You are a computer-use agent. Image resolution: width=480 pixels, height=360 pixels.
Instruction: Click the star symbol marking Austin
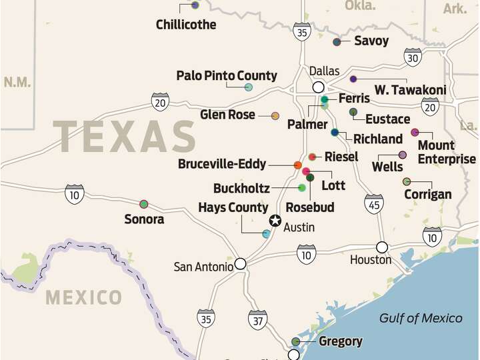275,221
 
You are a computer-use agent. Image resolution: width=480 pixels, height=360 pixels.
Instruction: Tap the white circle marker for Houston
382,247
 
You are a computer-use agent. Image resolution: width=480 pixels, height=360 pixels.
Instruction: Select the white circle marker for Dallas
319,87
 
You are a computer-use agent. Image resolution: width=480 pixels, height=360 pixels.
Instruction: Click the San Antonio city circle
240,263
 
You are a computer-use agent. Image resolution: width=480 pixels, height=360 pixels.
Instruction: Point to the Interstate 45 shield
374,203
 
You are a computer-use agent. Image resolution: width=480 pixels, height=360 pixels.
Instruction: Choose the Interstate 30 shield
413,57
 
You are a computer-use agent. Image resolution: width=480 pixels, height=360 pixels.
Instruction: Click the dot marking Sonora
143,204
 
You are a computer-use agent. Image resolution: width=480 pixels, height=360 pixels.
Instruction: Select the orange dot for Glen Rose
275,116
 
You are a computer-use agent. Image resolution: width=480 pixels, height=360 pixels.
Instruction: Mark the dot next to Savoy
337,41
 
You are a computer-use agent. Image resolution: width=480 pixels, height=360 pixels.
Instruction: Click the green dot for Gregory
296,341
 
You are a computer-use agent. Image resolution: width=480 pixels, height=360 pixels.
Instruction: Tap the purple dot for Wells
403,155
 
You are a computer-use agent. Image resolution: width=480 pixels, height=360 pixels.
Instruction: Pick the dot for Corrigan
407,181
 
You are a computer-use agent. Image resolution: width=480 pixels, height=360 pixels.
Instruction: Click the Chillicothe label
186,25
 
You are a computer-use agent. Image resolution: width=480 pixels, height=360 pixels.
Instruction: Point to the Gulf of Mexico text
421,318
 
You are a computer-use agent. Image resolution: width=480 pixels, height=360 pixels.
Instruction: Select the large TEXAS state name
125,137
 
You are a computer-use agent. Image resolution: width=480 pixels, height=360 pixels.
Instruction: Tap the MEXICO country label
83,297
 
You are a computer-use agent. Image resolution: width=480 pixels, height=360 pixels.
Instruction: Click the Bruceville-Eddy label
222,164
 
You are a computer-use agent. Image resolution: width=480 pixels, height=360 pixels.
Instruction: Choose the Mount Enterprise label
446,152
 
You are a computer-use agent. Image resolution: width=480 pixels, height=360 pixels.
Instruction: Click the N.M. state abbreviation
17,82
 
